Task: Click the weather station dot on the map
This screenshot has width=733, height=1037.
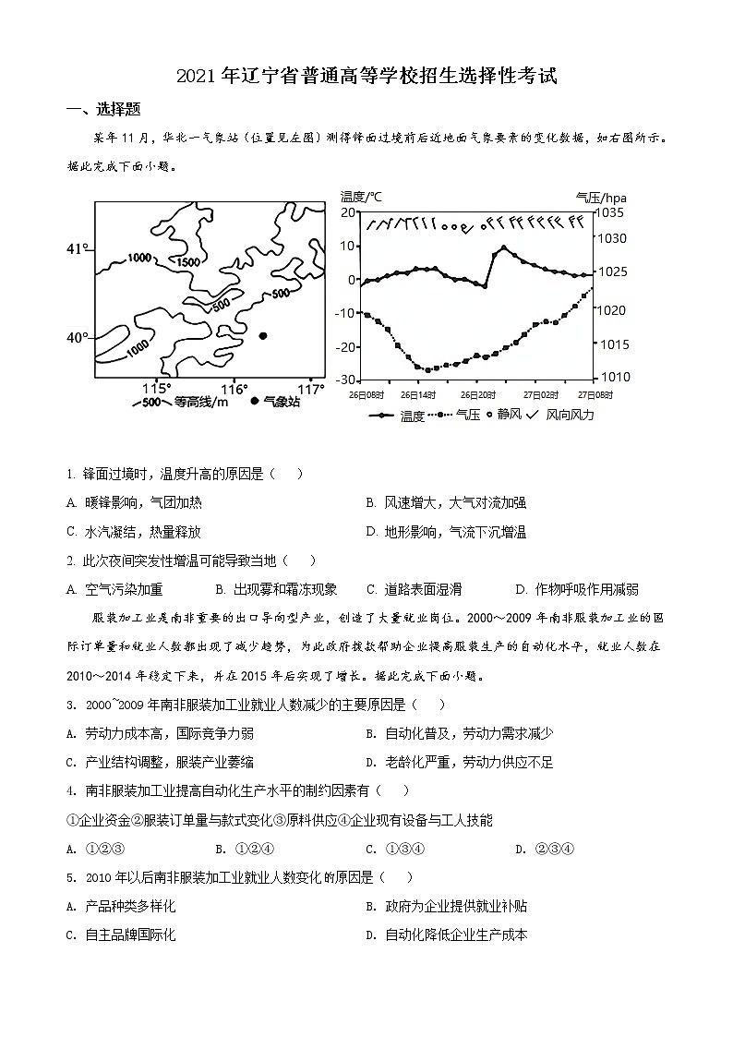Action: [x=263, y=336]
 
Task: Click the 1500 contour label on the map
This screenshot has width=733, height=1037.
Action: [x=187, y=261]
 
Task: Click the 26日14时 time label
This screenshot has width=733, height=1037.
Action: [x=417, y=394]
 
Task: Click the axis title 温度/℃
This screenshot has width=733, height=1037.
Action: [x=361, y=196]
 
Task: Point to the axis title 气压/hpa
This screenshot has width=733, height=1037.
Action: [x=601, y=197]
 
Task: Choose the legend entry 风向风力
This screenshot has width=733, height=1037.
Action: [x=571, y=415]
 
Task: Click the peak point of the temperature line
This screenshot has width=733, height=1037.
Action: [x=503, y=247]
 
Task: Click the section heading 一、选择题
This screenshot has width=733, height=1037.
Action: [x=104, y=109]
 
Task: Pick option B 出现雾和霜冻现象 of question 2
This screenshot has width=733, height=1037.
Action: [x=276, y=589]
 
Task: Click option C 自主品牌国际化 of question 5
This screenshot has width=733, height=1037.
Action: [x=121, y=935]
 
